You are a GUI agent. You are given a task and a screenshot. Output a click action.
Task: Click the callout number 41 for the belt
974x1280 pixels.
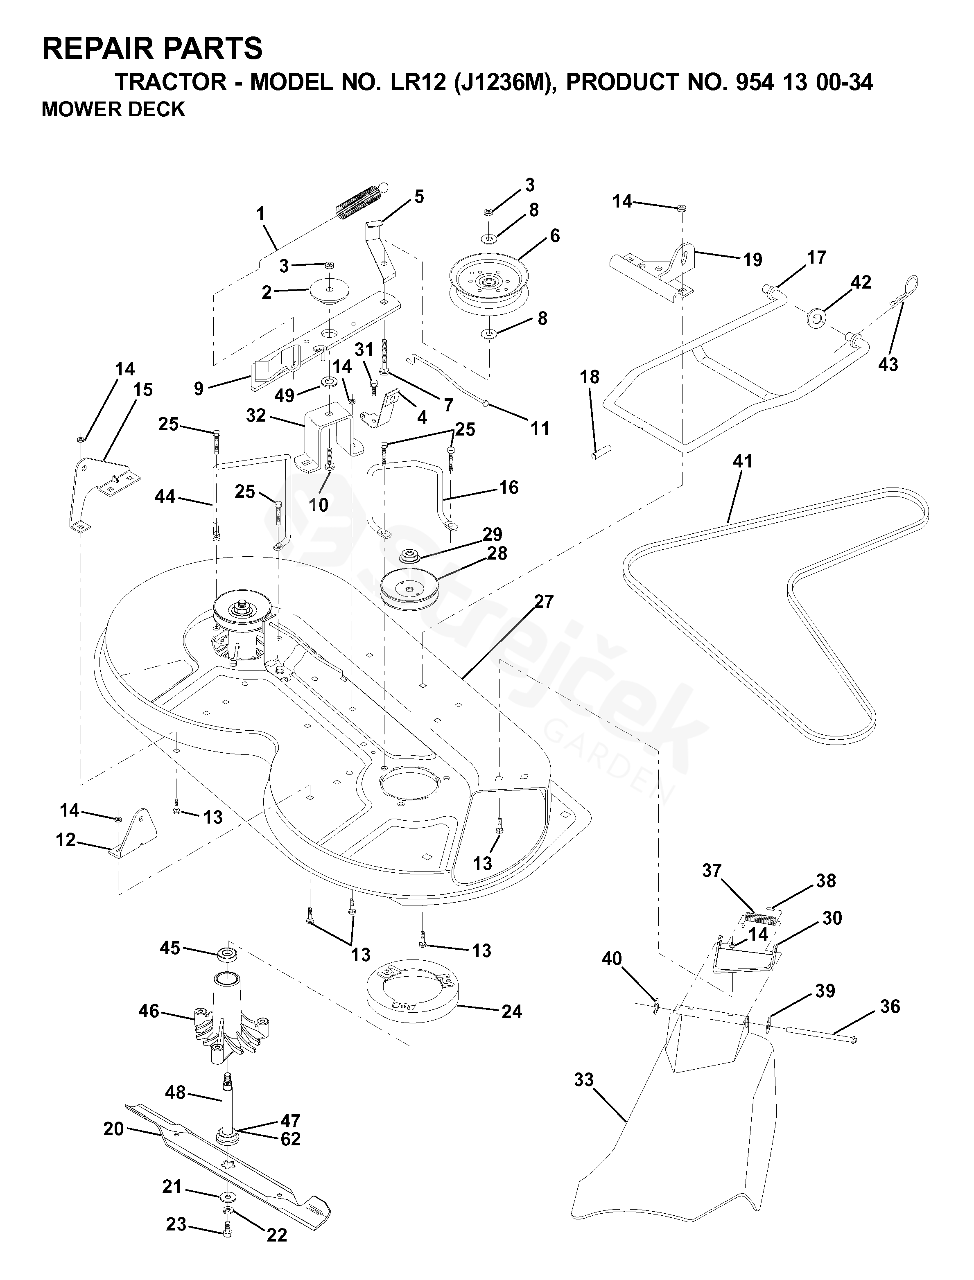click(x=743, y=461)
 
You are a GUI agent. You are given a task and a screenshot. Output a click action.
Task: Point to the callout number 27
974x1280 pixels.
click(x=544, y=602)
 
